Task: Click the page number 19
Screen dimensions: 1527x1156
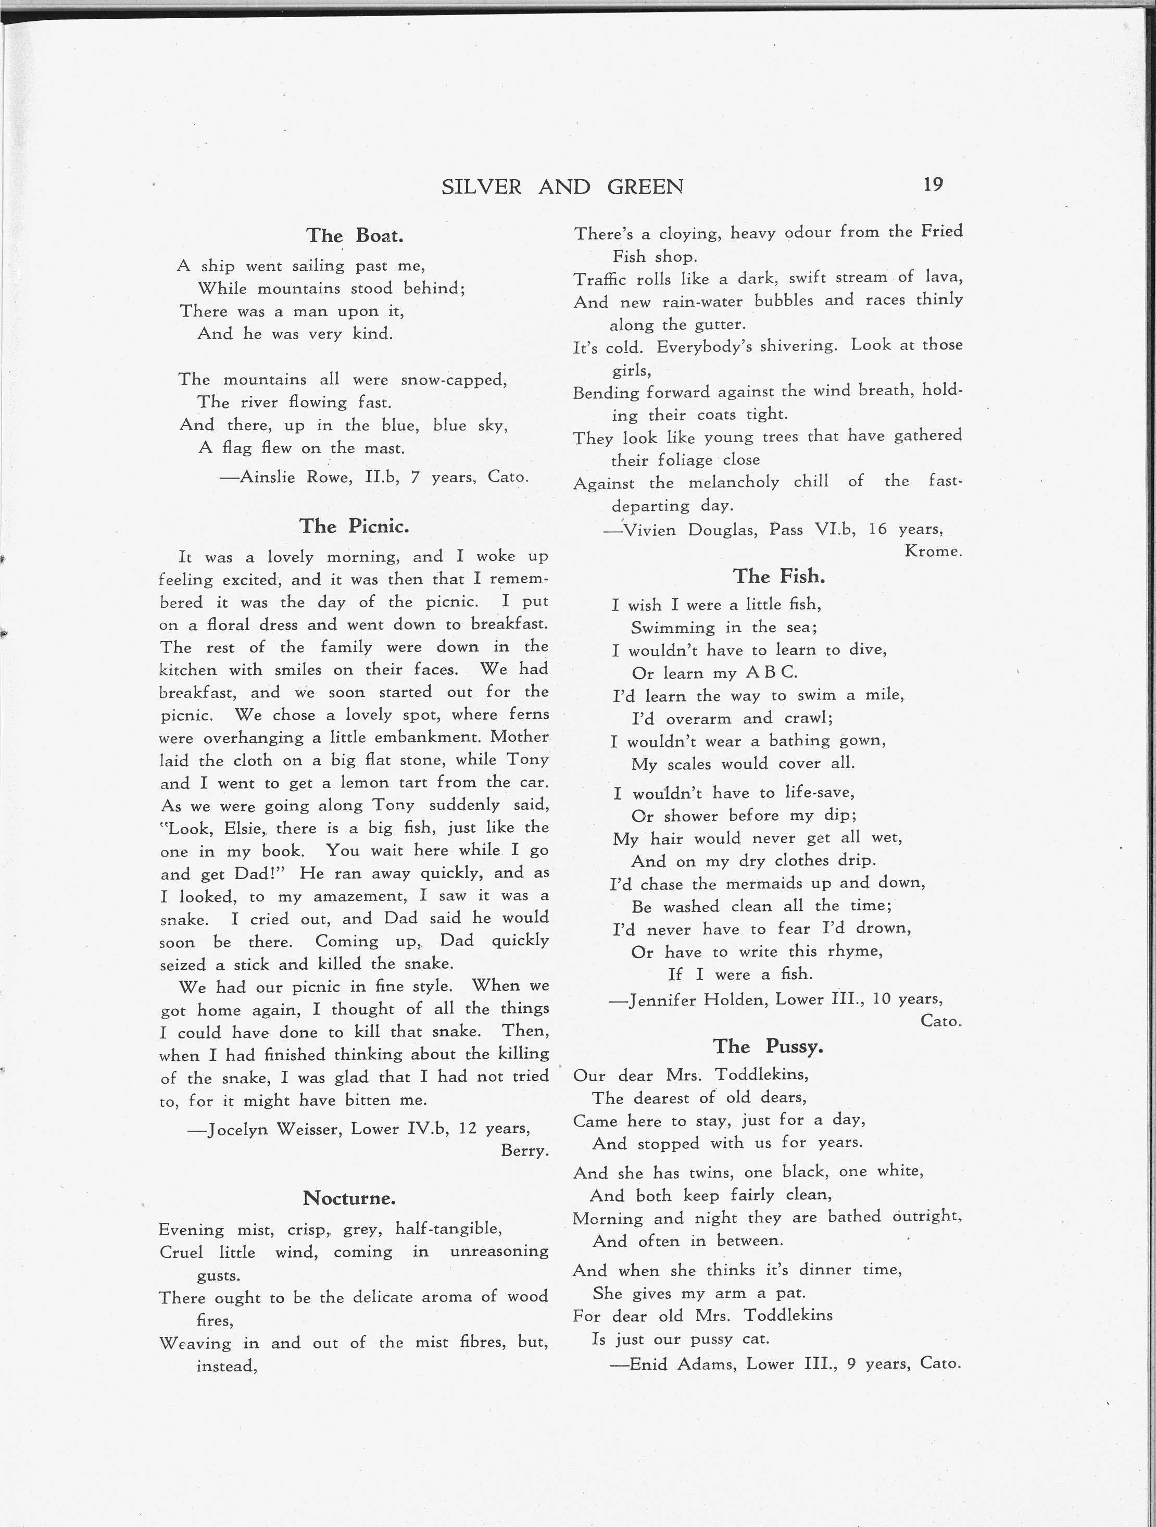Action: [x=933, y=184]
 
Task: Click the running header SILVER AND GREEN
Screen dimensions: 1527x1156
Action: [x=562, y=186]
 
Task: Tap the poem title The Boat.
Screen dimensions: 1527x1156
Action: [x=355, y=235]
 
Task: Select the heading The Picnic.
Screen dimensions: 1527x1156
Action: [x=354, y=526]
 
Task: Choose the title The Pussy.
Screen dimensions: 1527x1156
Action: [x=768, y=1046]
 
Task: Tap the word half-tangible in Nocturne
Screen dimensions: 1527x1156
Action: [x=448, y=1229]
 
